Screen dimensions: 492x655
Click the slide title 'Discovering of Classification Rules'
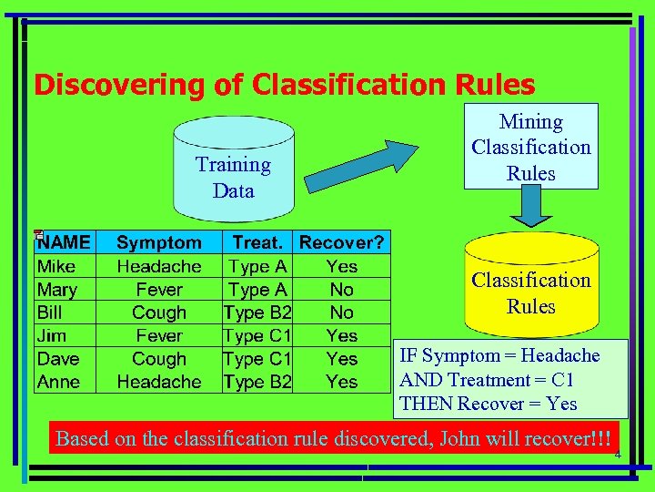pos(284,86)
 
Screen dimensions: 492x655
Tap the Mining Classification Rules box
pos(530,147)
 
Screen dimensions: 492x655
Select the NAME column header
pos(64,242)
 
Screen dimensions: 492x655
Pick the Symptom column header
pos(159,242)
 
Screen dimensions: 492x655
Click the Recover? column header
pos(341,242)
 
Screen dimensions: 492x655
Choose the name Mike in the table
pos(55,267)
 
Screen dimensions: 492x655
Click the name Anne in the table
pos(58,382)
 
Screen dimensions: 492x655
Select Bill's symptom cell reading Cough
pos(159,313)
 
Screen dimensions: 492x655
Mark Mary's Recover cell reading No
pos(341,290)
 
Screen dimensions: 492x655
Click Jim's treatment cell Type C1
pos(257,336)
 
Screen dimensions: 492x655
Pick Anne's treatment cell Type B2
pos(257,382)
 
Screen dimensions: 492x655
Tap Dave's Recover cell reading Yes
pos(341,359)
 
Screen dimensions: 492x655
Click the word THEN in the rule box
pos(426,404)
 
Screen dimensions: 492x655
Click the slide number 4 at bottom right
pos(616,455)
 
